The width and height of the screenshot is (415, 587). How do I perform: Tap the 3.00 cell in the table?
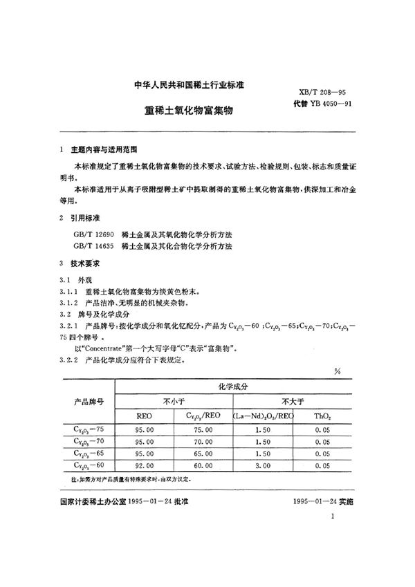coord(266,466)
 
